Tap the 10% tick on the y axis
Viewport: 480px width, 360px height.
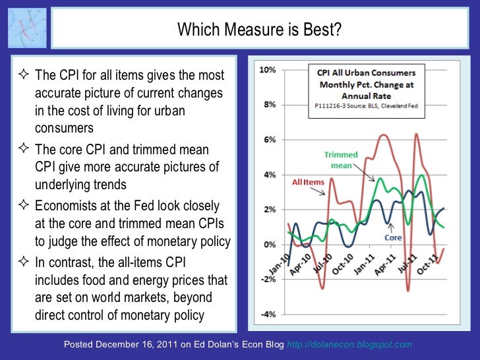point(270,70)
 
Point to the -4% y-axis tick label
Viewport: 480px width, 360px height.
point(269,315)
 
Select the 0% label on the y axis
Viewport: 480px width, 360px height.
point(270,245)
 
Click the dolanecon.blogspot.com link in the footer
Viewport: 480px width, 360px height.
point(351,345)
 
